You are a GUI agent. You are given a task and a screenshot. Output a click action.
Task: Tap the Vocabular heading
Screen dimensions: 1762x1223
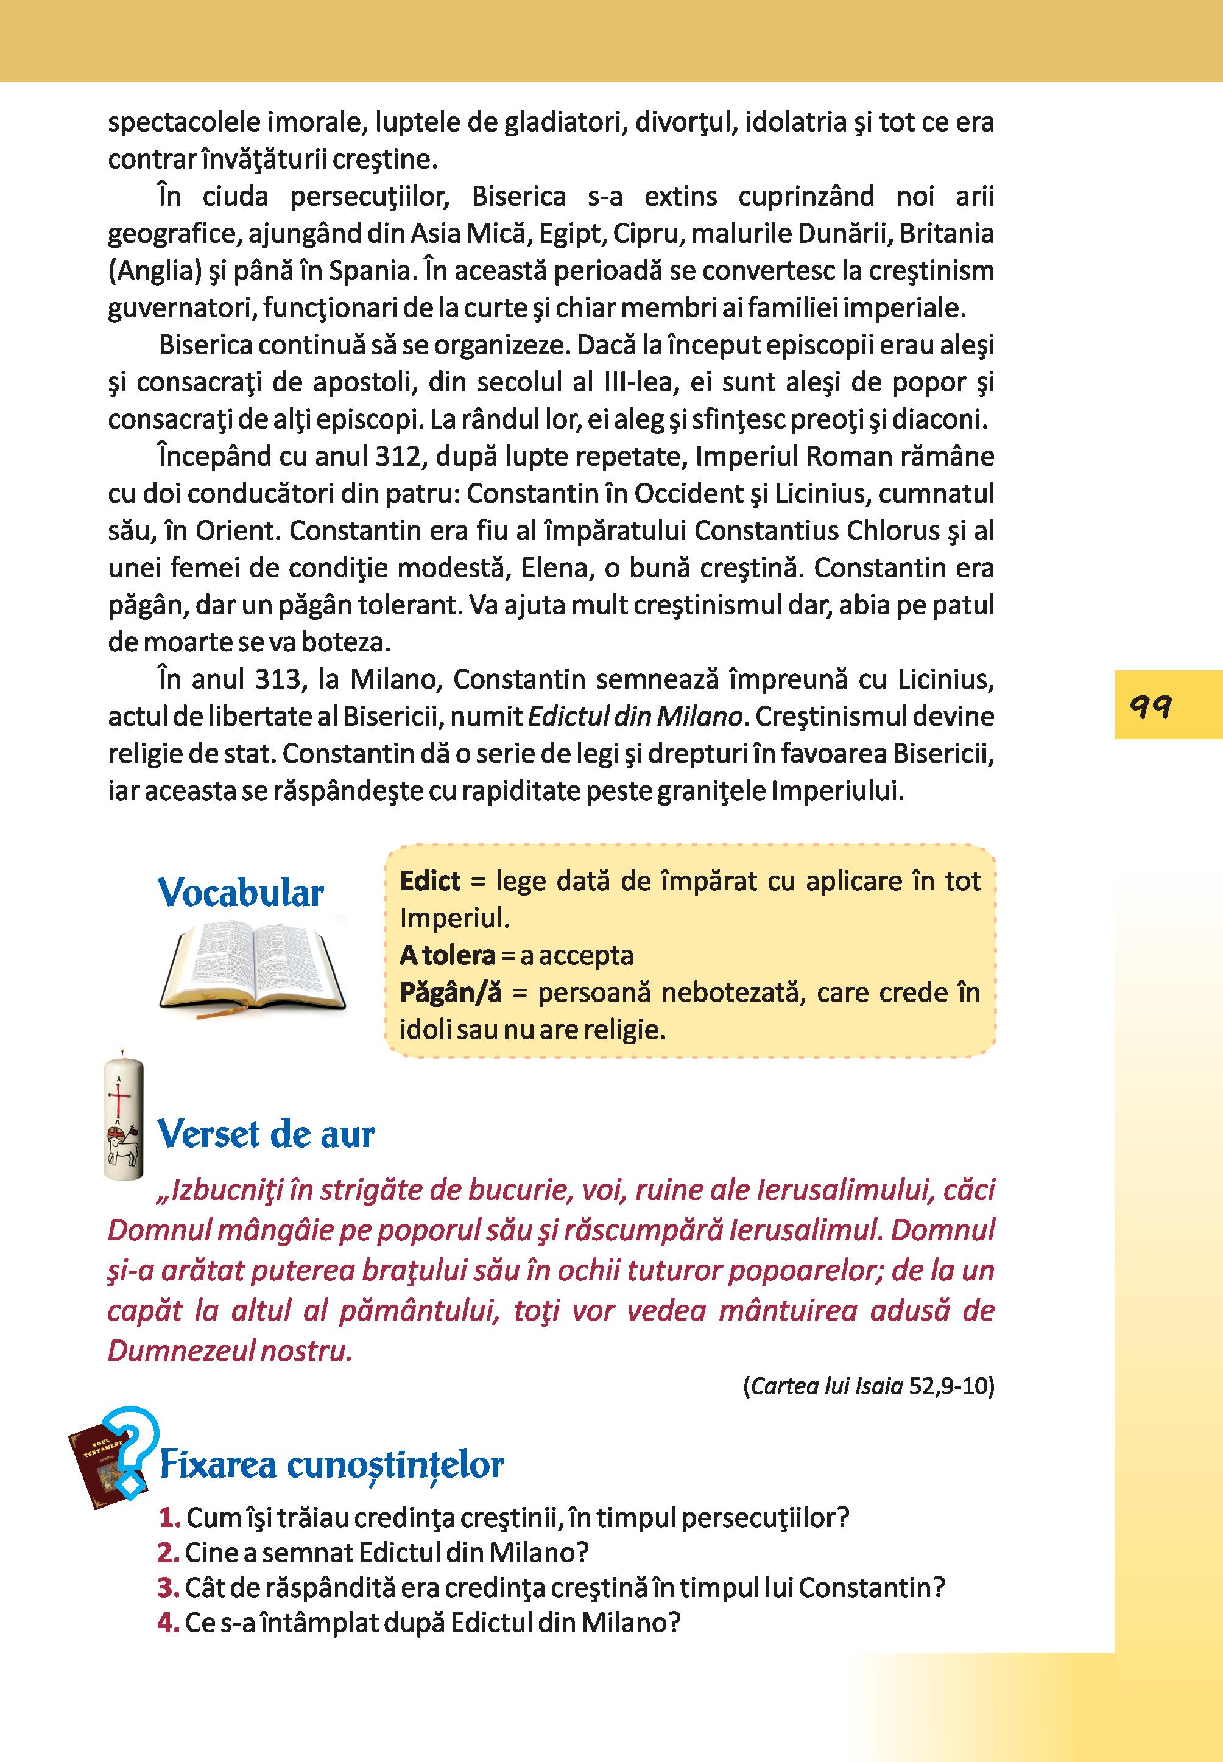(241, 893)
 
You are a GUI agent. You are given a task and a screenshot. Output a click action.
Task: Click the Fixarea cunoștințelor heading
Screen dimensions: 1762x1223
(331, 1465)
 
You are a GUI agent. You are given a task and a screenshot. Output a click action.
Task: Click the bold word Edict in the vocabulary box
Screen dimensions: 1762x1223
(430, 881)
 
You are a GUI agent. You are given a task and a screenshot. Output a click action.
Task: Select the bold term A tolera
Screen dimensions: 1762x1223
(448, 955)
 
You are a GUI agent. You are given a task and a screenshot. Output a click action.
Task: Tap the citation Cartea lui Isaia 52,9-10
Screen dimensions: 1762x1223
(868, 1386)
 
